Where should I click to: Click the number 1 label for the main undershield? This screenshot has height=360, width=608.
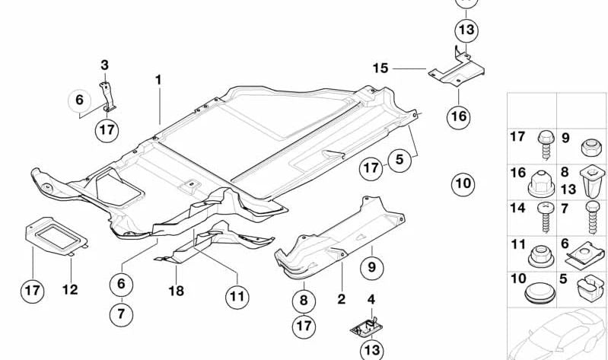coord(159,79)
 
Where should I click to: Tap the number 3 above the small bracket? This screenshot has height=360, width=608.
coord(105,65)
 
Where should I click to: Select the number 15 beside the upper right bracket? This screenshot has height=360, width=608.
coord(380,68)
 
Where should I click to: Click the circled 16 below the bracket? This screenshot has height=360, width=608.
coord(460,116)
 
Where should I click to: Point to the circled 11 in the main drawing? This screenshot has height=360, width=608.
coord(237,295)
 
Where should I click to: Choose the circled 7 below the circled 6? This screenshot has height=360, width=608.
coord(120,312)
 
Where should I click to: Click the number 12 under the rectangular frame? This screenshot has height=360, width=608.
coord(70,290)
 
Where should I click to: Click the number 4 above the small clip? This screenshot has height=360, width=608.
coord(371,299)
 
